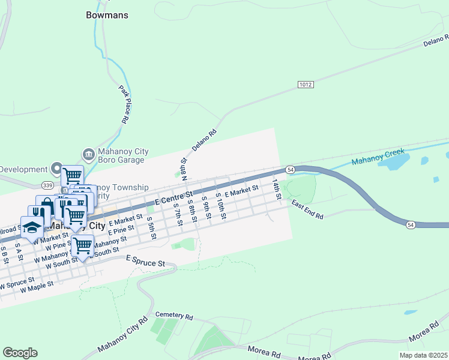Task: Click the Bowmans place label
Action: [x=107, y=15]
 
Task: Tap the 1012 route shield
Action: [x=306, y=85]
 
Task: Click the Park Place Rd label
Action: [x=124, y=104]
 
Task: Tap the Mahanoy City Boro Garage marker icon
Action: [x=88, y=155]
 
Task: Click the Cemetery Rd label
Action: [x=174, y=316]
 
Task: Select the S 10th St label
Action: [x=220, y=207]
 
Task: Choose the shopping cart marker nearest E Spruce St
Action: [x=82, y=245]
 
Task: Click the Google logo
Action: [x=20, y=353]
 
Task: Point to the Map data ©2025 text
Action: [x=423, y=355]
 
